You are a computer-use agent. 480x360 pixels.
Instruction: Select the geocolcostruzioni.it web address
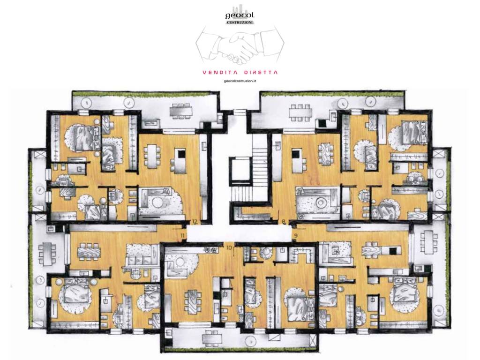(x=240, y=81)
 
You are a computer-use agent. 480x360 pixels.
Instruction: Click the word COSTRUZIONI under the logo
(x=240, y=22)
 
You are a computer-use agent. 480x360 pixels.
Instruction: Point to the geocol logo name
(x=240, y=15)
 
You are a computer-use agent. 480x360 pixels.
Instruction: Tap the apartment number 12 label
(x=195, y=221)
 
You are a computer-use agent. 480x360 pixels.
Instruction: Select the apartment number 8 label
(x=284, y=221)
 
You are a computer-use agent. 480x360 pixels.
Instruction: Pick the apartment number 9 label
(x=296, y=235)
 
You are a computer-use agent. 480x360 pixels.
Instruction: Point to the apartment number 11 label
(x=183, y=235)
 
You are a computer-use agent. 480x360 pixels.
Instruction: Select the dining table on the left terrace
(x=47, y=254)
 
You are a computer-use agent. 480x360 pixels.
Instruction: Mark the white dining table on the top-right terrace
(x=300, y=113)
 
